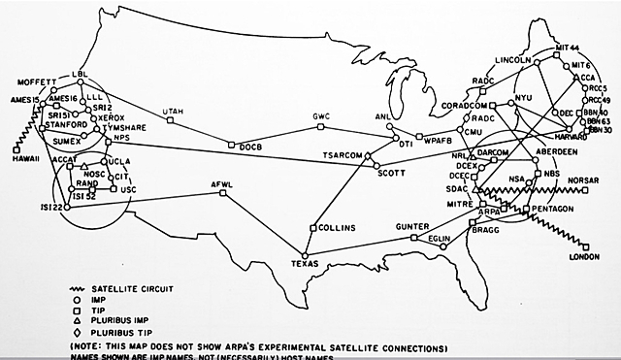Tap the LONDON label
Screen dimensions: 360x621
(585, 257)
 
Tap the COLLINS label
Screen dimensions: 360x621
(335, 227)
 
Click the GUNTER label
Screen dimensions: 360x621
(412, 226)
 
